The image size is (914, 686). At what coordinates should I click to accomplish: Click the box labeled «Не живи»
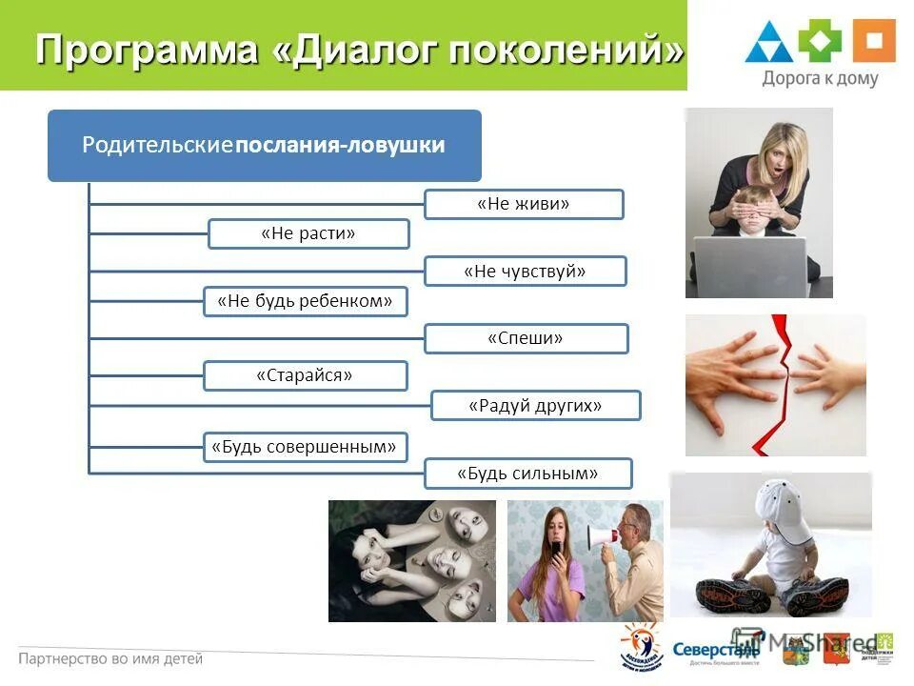(524, 204)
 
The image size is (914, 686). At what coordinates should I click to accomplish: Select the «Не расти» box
(308, 233)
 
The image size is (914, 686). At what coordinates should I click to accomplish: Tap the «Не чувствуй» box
(525, 272)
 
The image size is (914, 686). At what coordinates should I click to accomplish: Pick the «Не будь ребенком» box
(306, 301)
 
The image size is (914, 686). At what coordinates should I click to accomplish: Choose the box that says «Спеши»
(526, 338)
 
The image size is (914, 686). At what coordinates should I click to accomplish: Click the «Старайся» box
(305, 375)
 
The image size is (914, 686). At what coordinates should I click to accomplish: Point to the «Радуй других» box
(535, 406)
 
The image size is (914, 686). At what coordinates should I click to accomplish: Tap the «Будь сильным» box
(527, 474)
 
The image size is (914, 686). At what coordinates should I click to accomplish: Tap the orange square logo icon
(873, 41)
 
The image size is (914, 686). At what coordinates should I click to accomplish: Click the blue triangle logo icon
(768, 43)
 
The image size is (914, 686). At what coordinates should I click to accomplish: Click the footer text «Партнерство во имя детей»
(110, 658)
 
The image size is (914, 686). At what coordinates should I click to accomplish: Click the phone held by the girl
(556, 549)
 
